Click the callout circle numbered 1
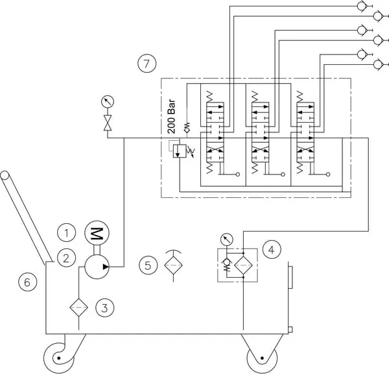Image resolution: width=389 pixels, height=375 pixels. click(66, 232)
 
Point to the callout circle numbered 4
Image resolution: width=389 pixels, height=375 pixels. click(273, 247)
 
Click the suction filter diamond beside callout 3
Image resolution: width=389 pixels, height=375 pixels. click(78, 306)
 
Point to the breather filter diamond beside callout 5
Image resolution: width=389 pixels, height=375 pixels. click(174, 265)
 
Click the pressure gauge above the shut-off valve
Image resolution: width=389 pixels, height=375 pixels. click(106, 101)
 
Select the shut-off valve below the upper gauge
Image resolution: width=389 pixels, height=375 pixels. click(106, 121)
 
